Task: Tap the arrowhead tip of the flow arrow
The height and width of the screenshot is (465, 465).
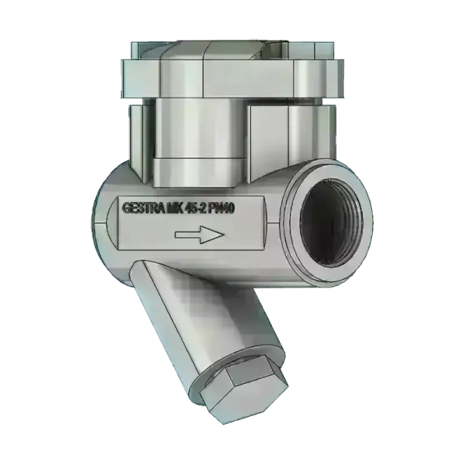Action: (x=222, y=236)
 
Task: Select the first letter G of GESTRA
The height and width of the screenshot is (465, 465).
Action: (x=124, y=208)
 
